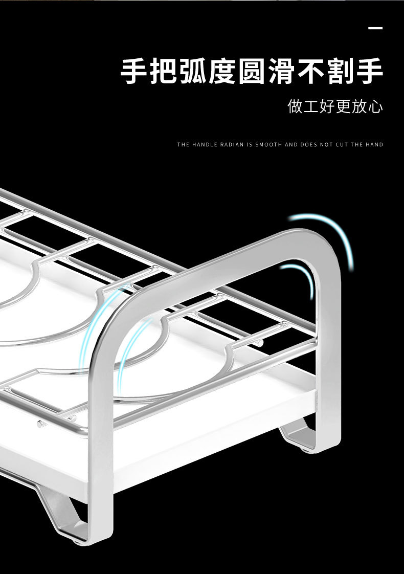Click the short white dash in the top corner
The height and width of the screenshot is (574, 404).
click(375, 28)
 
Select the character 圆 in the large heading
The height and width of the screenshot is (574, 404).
click(252, 72)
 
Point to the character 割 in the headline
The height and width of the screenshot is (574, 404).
click(340, 72)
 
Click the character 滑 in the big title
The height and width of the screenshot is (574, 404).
click(281, 72)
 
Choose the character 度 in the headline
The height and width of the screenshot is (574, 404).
click(222, 72)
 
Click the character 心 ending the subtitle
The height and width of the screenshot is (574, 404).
click(376, 106)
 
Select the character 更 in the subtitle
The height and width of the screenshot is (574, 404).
click(344, 106)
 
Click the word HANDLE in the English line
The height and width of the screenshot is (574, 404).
click(205, 145)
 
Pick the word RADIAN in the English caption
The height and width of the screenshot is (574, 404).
click(232, 145)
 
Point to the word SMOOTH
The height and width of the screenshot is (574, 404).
click(268, 145)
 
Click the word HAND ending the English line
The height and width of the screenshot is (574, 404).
click(374, 145)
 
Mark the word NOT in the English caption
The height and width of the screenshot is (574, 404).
click(327, 145)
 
